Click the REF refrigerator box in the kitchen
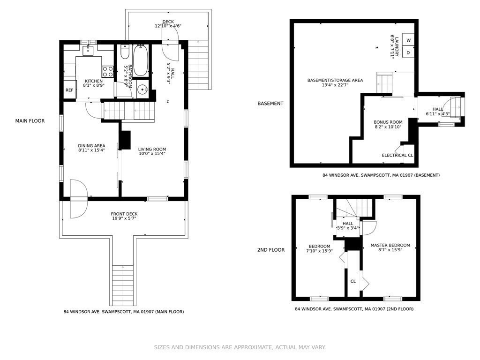pyautogui.click(x=70, y=90)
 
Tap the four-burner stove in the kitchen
pyautogui.click(x=108, y=72)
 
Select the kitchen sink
pyautogui.click(x=88, y=50)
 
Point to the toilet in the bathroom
pyautogui.click(x=125, y=52)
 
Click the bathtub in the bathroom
pyautogui.click(x=141, y=60)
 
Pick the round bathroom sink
pyautogui.click(x=142, y=90)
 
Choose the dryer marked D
pyautogui.click(x=408, y=52)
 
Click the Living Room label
pyautogui.click(x=152, y=149)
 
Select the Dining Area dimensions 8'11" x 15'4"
pyautogui.click(x=91, y=150)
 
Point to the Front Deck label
pyautogui.click(x=124, y=214)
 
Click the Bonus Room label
pyautogui.click(x=388, y=122)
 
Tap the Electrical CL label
pyautogui.click(x=397, y=155)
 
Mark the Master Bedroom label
pyautogui.click(x=390, y=245)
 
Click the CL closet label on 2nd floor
pyautogui.click(x=353, y=281)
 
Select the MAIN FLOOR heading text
pyautogui.click(x=30, y=121)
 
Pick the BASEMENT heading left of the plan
pyautogui.click(x=270, y=104)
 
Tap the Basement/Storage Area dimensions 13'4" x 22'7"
pyautogui.click(x=335, y=85)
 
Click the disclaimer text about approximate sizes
pyautogui.click(x=240, y=347)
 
